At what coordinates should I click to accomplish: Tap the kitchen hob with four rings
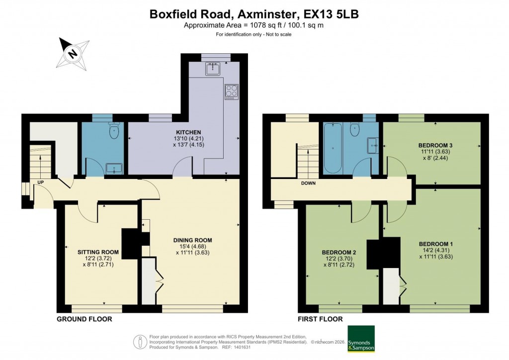232,91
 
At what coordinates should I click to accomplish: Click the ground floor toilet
114,132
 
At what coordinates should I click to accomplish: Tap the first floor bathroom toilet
355,129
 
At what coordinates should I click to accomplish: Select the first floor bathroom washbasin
373,145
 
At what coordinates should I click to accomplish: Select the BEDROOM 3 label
435,145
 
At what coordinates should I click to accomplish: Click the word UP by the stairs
40,182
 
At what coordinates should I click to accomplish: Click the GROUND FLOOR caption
84,319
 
